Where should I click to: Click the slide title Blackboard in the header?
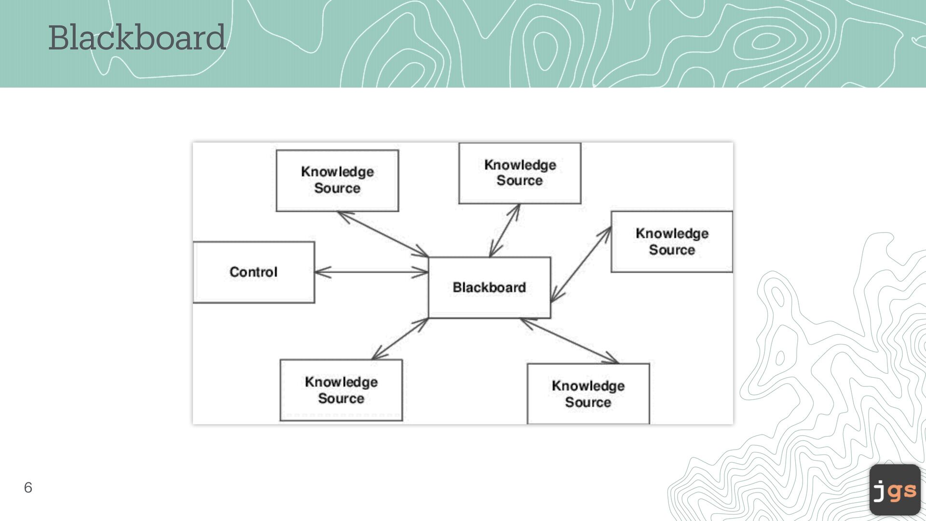(x=137, y=38)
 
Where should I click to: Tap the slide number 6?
(x=28, y=487)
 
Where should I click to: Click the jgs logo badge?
(x=895, y=490)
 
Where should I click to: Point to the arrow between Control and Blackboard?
(x=371, y=272)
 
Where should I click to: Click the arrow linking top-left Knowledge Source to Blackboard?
(x=383, y=234)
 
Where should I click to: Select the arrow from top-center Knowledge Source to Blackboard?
(x=504, y=231)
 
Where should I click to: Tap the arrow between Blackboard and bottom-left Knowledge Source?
(x=400, y=339)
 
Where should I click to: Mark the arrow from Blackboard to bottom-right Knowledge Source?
(x=570, y=341)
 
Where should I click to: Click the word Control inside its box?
(x=254, y=272)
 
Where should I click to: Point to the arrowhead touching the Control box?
(x=320, y=272)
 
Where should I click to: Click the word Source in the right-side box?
(x=672, y=250)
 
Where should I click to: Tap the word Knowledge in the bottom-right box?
(x=588, y=386)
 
